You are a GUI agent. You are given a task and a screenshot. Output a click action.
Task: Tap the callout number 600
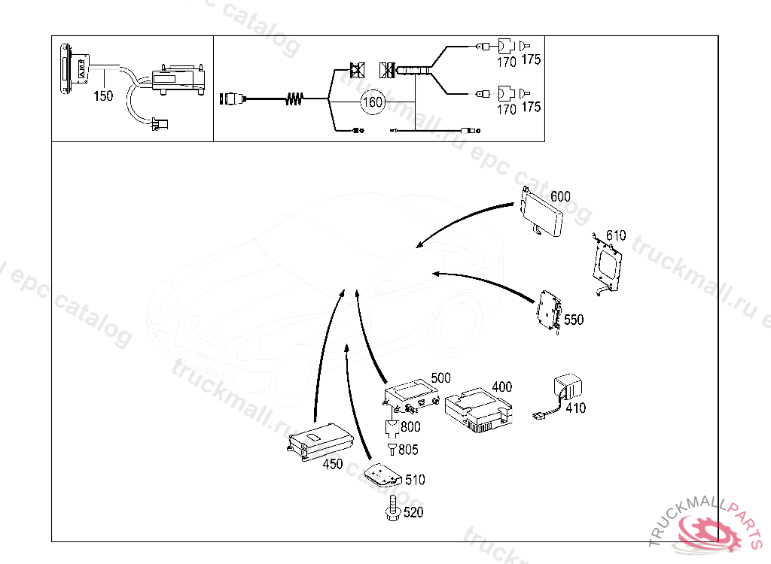[560, 197]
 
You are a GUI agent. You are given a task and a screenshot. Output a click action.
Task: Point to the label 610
[616, 235]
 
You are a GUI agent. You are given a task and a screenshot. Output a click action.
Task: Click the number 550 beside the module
[574, 320]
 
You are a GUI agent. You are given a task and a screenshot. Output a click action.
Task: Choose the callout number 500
[441, 378]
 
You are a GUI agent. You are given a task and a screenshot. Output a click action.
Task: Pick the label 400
[501, 387]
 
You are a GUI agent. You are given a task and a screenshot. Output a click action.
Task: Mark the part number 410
[576, 409]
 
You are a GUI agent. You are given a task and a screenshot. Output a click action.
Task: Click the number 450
[333, 464]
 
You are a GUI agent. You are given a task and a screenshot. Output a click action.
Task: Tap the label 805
[409, 450]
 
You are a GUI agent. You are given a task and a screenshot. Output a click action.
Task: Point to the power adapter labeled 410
[568, 388]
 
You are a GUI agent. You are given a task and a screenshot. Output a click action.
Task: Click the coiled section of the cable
[295, 99]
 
